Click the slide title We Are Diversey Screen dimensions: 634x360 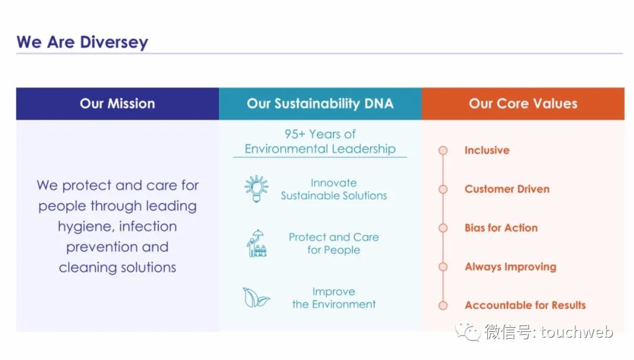pyautogui.click(x=82, y=42)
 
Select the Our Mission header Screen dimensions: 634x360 pyautogui.click(x=117, y=103)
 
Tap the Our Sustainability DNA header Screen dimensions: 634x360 pyautogui.click(x=321, y=103)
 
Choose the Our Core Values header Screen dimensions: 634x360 pyautogui.click(x=523, y=103)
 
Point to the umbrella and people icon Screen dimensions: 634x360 pyautogui.click(x=257, y=243)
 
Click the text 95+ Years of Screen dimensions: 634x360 pyautogui.click(x=320, y=134)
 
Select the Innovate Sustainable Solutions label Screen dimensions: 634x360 pyautogui.click(x=334, y=189)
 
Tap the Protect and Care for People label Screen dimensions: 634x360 pyautogui.click(x=334, y=244)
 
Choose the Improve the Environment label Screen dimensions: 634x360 pyautogui.click(x=334, y=298)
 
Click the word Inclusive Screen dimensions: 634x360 pyautogui.click(x=487, y=150)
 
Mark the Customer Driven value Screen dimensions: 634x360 pyautogui.click(x=507, y=189)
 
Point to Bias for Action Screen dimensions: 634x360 pyautogui.click(x=501, y=228)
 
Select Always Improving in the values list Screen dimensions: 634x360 pyautogui.click(x=511, y=267)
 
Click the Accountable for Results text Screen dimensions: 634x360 pyautogui.click(x=525, y=305)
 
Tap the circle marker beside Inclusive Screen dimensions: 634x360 pyautogui.click(x=443, y=150)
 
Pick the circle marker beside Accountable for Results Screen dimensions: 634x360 pyautogui.click(x=443, y=305)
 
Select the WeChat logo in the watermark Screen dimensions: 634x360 pyautogui.click(x=468, y=332)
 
